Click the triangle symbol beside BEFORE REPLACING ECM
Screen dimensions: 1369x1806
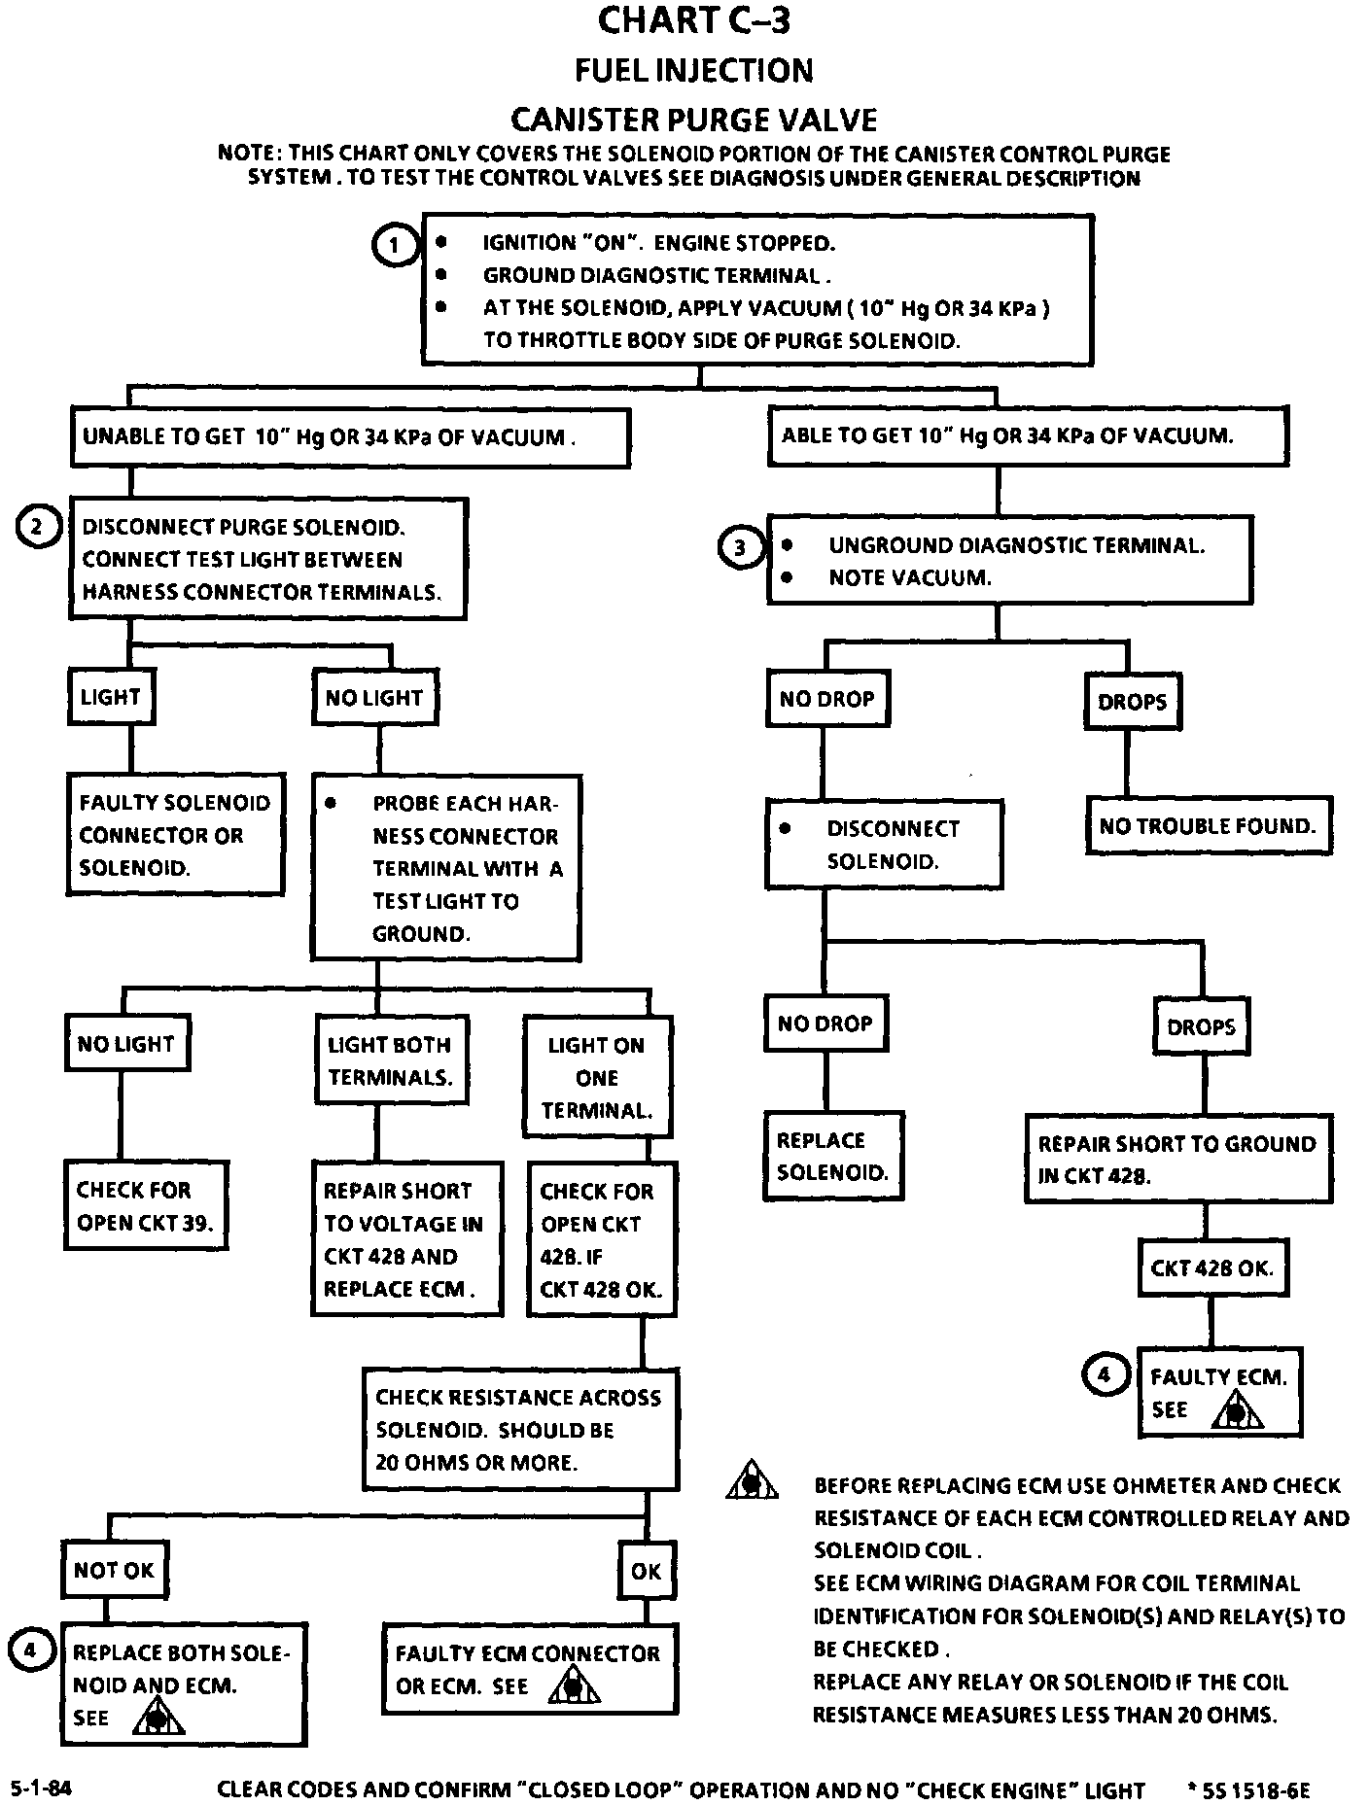coord(751,1482)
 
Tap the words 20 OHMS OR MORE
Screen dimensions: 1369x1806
coord(476,1463)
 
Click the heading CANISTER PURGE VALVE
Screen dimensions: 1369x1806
coord(693,120)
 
